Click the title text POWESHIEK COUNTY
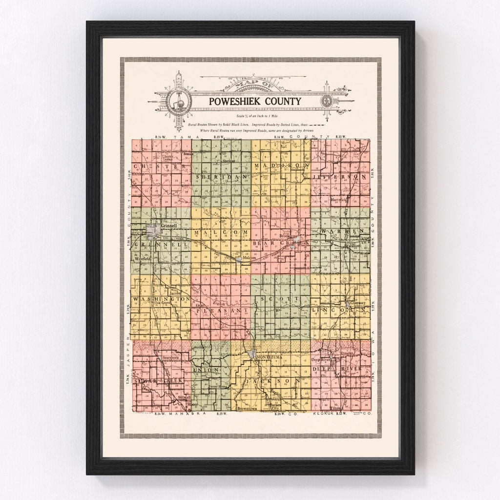pos(255,101)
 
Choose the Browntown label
pos(247,408)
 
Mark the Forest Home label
pos(218,387)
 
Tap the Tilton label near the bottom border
pos(335,408)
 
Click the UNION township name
pos(205,372)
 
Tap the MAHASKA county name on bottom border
pos(188,414)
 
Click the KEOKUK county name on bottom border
pos(323,414)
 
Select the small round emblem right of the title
pos(325,102)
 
